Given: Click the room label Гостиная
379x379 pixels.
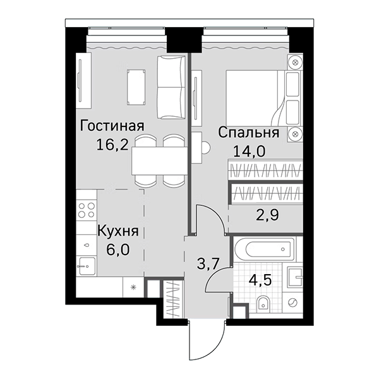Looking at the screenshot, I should pos(112,126).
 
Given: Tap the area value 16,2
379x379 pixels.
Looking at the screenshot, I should pos(112,144).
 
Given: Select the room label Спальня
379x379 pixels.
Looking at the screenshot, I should pos(249,133).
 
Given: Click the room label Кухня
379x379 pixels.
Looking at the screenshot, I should pos(117,231).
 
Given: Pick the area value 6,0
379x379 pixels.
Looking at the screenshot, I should pos(117,249).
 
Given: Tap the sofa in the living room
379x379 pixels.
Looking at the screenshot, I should pos(170,86).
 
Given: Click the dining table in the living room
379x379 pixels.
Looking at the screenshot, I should pos(159,160).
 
